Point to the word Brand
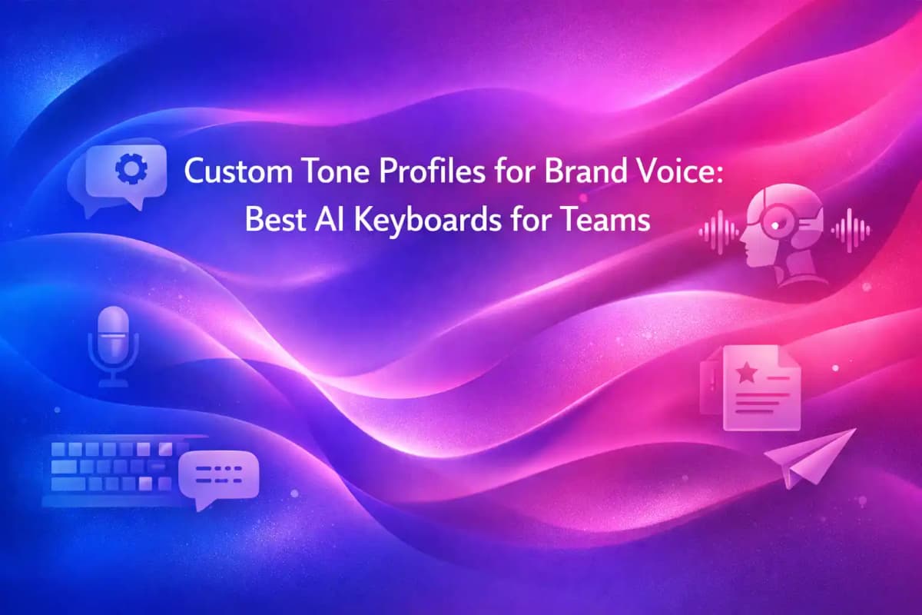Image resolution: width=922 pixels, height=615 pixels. (x=579, y=173)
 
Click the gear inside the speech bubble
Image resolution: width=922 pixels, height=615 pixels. (x=125, y=171)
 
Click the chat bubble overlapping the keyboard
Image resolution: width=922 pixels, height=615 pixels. (x=217, y=477)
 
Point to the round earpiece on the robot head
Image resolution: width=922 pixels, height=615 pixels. (x=778, y=221)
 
